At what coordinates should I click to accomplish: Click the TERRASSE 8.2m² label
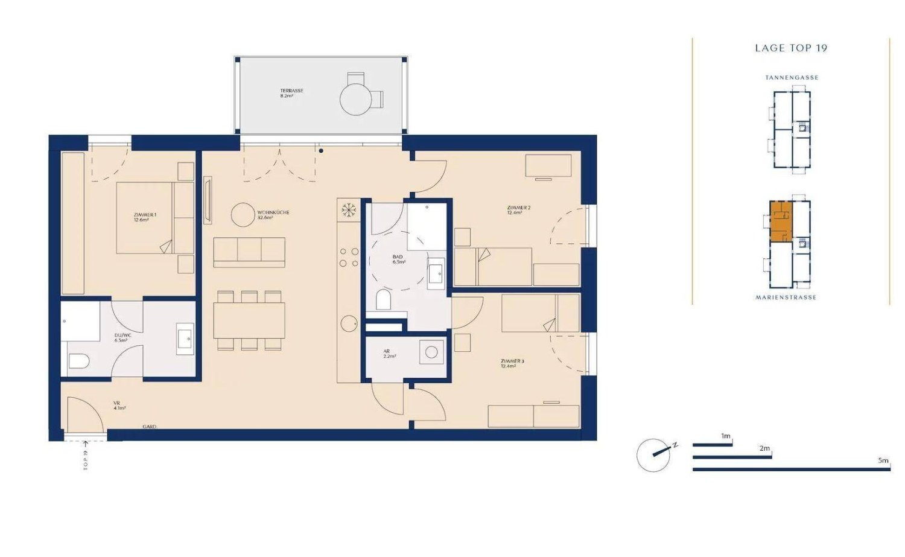pos(291,94)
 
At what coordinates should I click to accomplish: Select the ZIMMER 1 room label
pos(145,217)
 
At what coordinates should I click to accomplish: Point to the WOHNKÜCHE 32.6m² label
pos(273,215)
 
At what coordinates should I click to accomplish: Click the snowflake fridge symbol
pos(348,210)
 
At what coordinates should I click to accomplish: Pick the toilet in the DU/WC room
pos(79,361)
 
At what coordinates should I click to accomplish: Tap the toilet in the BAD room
pos(383,299)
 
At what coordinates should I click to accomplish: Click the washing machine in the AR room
pos(431,352)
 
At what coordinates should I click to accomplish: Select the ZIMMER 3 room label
pos(512,363)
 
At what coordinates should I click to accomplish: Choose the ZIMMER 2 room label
pos(518,210)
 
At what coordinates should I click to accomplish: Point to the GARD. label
pos(149,427)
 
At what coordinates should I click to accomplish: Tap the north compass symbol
pos(654,454)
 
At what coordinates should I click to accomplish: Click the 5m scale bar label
pos(883,461)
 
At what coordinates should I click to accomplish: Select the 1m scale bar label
pos(725,436)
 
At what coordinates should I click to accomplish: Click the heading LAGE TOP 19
pos(791,48)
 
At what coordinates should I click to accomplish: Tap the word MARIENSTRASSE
pos(786,298)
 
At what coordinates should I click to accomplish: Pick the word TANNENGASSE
pos(792,78)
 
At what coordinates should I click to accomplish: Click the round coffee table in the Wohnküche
pos(243,215)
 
